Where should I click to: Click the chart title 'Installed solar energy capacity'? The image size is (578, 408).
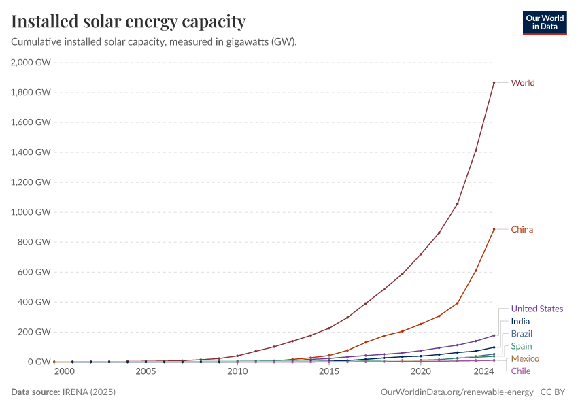click(x=129, y=22)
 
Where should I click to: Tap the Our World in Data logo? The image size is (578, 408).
click(x=544, y=22)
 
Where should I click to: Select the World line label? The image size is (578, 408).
click(x=523, y=83)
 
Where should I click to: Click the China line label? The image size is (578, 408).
click(x=522, y=230)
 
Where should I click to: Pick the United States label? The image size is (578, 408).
click(x=537, y=309)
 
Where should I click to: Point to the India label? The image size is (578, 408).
click(x=520, y=322)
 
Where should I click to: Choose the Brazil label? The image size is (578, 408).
click(x=522, y=334)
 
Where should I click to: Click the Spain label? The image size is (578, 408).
click(x=522, y=346)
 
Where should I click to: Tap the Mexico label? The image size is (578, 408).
click(x=525, y=358)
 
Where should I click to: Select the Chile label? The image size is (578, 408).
click(x=521, y=371)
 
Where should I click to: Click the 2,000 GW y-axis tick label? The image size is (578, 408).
click(x=31, y=63)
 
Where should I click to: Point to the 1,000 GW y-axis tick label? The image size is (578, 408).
click(x=31, y=212)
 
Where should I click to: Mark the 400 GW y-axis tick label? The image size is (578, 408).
click(x=34, y=302)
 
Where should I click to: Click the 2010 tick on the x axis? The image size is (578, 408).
click(x=237, y=372)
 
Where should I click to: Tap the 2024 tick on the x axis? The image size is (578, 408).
click(x=483, y=372)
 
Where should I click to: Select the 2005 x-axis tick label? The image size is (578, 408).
click(x=146, y=372)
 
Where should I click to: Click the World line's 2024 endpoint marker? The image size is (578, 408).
click(x=494, y=83)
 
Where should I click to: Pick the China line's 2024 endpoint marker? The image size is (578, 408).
click(x=494, y=229)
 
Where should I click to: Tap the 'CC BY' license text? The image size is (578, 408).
click(x=554, y=392)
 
